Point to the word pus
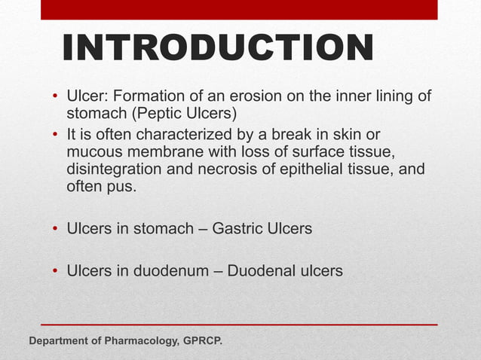122,186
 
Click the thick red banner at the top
239,9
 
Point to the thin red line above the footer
239,325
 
